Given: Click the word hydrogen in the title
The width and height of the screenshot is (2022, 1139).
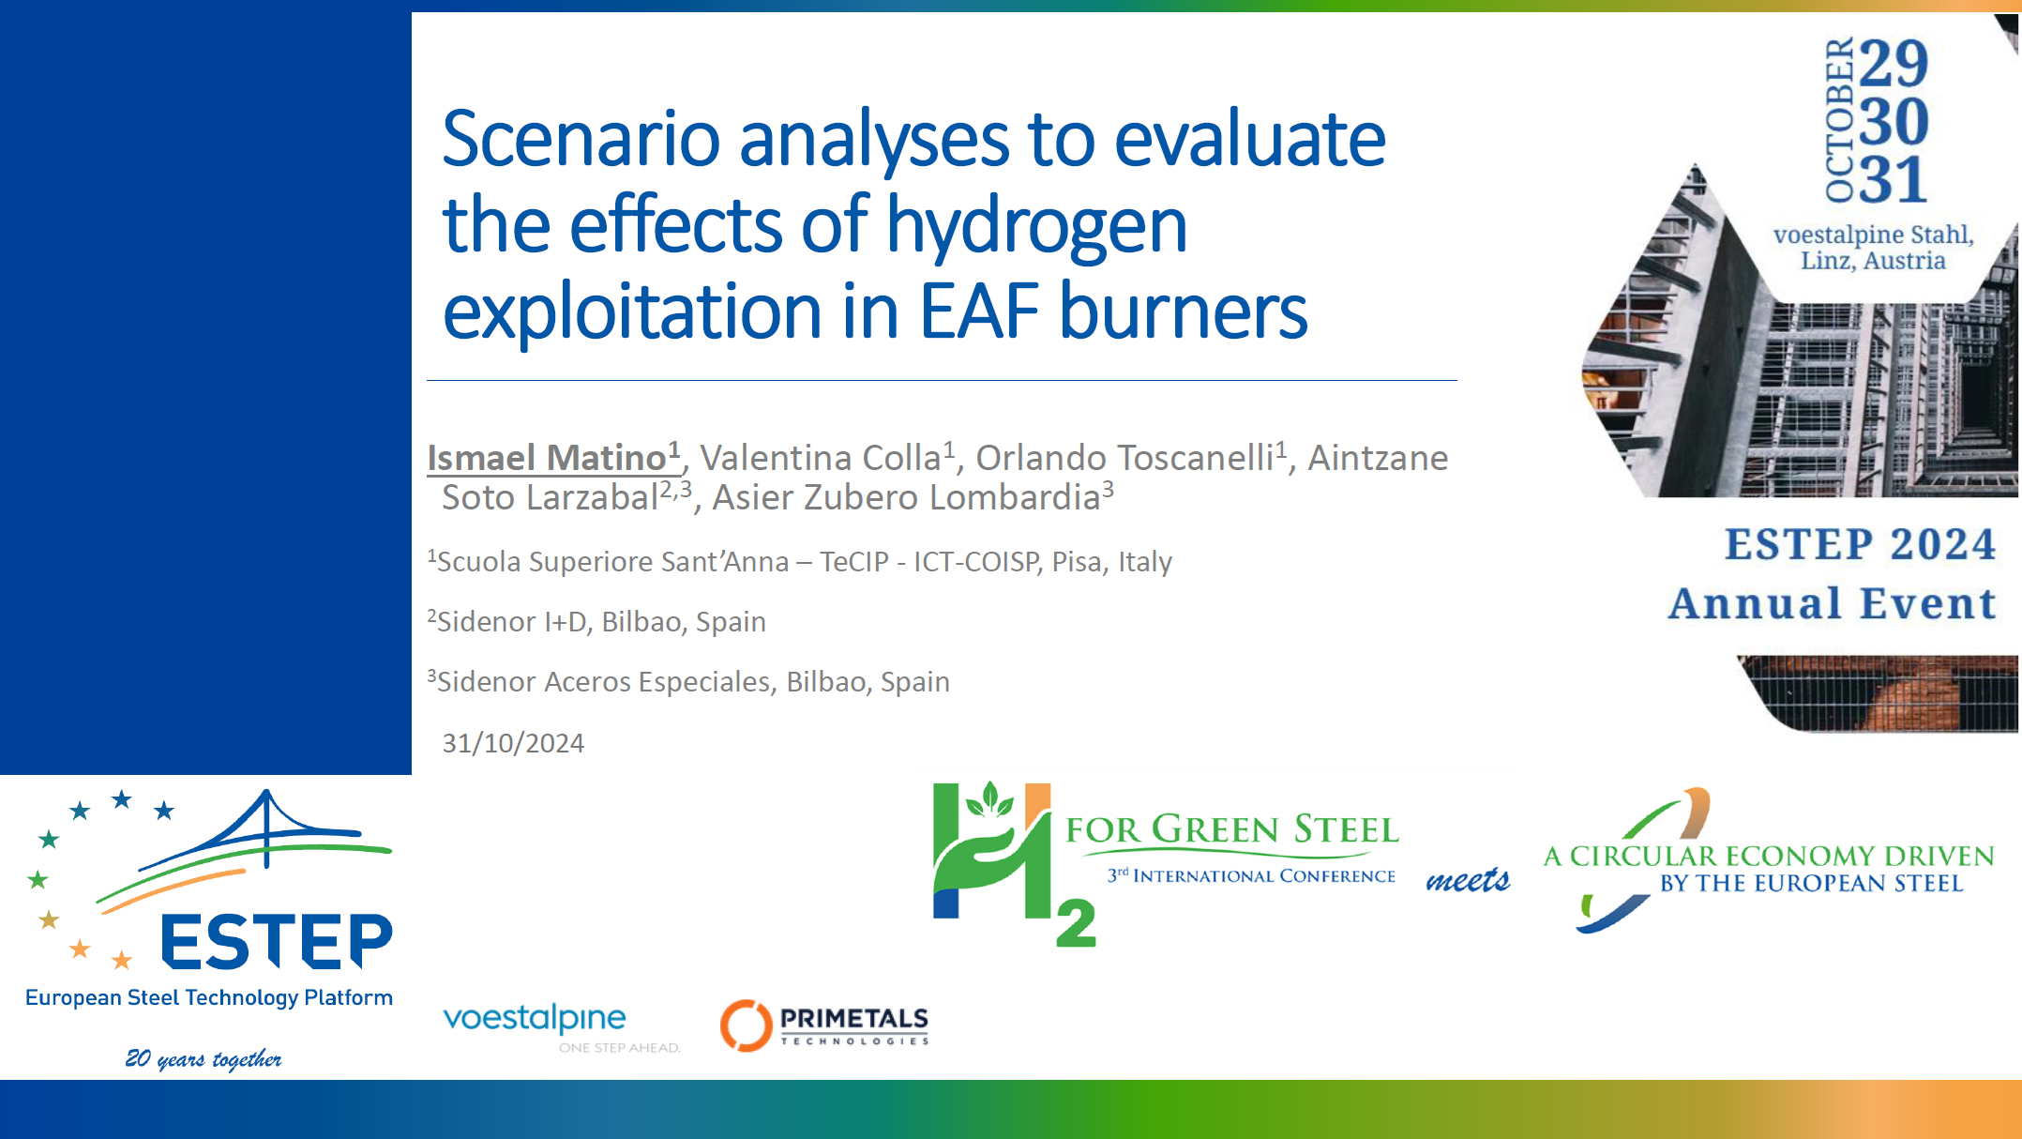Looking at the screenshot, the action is [x=1036, y=228].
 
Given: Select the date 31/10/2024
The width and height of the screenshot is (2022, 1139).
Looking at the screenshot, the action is [x=513, y=743].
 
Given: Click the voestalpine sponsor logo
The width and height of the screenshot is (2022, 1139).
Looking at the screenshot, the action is [x=561, y=1025].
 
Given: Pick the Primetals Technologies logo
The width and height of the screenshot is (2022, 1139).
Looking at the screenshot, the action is [x=824, y=1025].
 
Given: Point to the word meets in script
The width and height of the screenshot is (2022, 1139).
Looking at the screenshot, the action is [x=1468, y=879].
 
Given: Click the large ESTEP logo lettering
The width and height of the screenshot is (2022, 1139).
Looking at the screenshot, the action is [x=277, y=941].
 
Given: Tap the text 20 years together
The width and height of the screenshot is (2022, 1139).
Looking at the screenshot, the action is [x=204, y=1058].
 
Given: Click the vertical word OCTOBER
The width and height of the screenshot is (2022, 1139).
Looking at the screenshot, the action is [x=1840, y=119].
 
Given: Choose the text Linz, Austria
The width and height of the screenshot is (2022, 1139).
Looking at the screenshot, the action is [x=1873, y=260].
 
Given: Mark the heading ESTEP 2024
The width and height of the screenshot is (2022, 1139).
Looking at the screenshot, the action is [x=1860, y=544].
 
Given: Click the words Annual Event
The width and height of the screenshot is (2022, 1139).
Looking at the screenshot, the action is [x=1832, y=603].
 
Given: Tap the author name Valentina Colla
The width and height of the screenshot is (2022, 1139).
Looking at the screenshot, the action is [x=821, y=458].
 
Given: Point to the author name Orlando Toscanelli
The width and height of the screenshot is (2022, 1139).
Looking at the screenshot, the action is [x=1124, y=458].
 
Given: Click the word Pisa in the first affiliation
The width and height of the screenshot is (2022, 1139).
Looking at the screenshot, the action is [x=1077, y=561].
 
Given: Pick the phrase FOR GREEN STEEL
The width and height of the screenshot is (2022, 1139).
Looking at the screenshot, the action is [x=1232, y=830].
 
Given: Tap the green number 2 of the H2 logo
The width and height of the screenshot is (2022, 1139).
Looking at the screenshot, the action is [x=1076, y=923].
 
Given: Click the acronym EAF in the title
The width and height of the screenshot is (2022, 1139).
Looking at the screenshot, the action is [x=979, y=311].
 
